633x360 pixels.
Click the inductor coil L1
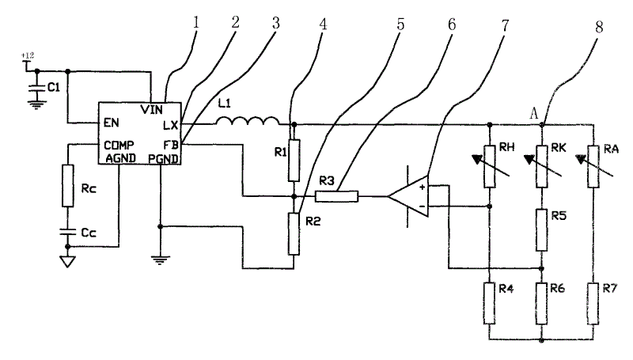[x=248, y=121]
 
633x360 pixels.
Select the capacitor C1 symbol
[x=36, y=89]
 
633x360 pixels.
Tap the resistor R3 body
[x=336, y=196]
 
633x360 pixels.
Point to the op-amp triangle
[x=408, y=196]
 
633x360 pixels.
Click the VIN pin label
[x=152, y=109]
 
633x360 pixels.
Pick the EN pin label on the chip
[x=111, y=123]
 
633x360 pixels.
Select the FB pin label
[x=170, y=145]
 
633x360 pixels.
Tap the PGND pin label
[x=163, y=158]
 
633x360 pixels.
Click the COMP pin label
[x=119, y=145]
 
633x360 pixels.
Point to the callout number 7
[x=505, y=26]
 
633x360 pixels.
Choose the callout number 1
[x=196, y=23]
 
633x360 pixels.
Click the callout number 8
[x=599, y=27]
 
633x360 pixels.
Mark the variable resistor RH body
[x=490, y=167]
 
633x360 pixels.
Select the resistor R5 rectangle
[x=542, y=230]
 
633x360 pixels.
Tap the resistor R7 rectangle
[x=593, y=304]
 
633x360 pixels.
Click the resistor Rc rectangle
[x=68, y=186]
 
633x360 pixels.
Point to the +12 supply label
[x=28, y=55]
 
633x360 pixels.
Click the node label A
[x=533, y=114]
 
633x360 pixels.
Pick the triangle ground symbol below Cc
[x=67, y=262]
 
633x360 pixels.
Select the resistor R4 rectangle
[x=490, y=304]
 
